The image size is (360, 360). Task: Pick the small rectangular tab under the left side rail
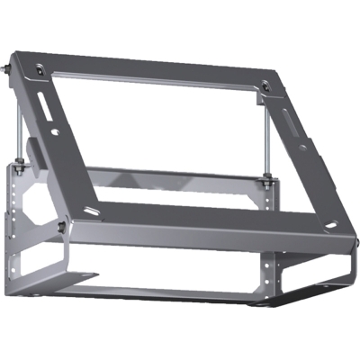coord(34,147)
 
